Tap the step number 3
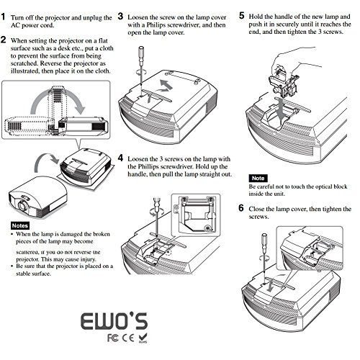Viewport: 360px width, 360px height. [x=120, y=15]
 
